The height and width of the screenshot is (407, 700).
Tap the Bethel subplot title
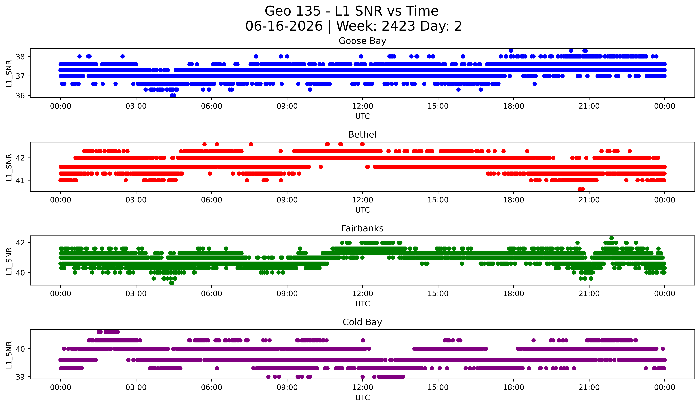pyautogui.click(x=362, y=135)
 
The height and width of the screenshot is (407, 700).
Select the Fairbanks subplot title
pyautogui.click(x=362, y=228)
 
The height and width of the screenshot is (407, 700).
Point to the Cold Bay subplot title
pyautogui.click(x=362, y=322)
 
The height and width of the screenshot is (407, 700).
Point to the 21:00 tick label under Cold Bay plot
pyautogui.click(x=589, y=387)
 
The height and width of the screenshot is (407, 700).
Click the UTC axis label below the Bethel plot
pyautogui.click(x=363, y=210)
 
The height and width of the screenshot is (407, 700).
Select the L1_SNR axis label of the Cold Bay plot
pyautogui.click(x=9, y=355)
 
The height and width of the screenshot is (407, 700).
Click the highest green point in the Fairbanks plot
pyautogui.click(x=611, y=238)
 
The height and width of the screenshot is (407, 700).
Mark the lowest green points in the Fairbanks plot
pyautogui.click(x=172, y=283)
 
